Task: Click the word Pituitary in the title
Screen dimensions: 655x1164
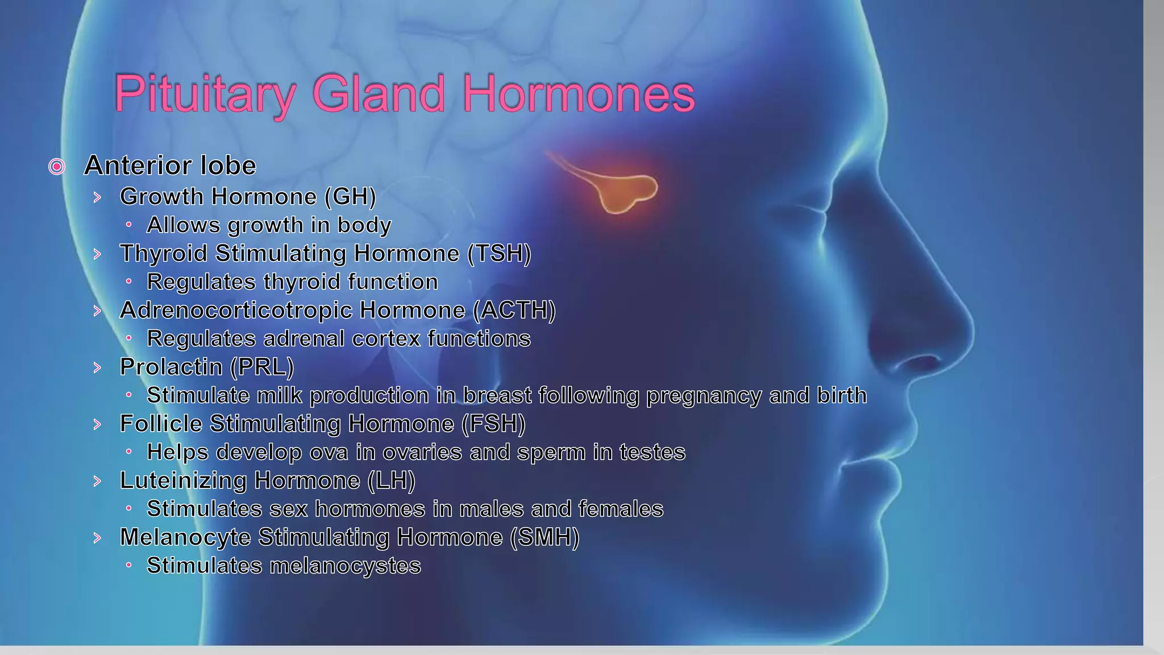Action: coord(205,94)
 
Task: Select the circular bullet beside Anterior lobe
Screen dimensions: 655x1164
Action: coord(57,167)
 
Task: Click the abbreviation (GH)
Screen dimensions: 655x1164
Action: coord(350,197)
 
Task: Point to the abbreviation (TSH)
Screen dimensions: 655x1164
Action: coord(499,254)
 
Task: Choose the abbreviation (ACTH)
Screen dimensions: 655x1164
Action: coord(514,310)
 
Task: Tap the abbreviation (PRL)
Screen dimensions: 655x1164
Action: coord(262,367)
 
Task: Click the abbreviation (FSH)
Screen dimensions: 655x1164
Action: coord(493,424)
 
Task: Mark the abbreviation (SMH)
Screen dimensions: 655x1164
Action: coord(544,538)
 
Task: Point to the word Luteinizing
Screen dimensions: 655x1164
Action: coord(183,481)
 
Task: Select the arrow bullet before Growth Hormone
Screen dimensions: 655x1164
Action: coord(97,197)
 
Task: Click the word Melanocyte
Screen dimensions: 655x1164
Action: coord(185,538)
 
